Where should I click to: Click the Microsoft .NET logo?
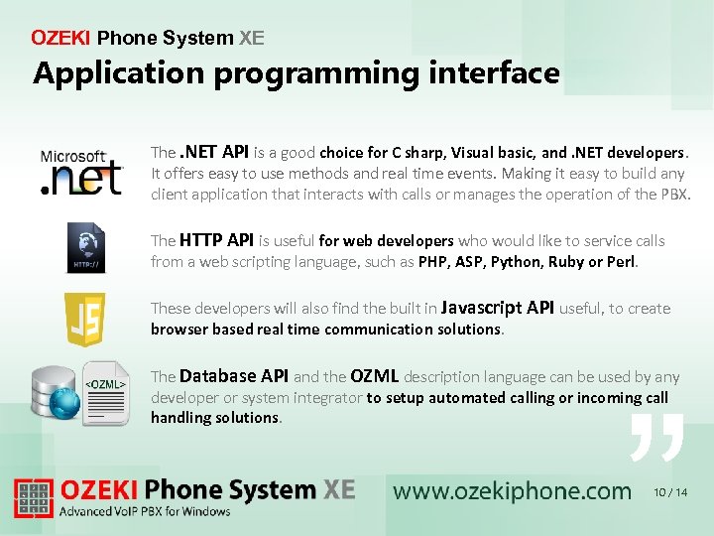pyautogui.click(x=80, y=172)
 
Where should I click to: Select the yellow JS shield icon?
pyautogui.click(x=84, y=319)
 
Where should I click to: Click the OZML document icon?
pyautogui.click(x=105, y=392)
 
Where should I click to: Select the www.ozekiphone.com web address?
pyautogui.click(x=512, y=490)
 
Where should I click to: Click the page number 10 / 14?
pyautogui.click(x=670, y=492)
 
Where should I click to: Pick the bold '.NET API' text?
pyautogui.click(x=214, y=152)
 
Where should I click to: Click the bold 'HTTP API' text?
pyautogui.click(x=216, y=240)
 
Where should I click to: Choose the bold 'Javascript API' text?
pyautogui.click(x=497, y=308)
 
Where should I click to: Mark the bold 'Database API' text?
pyautogui.click(x=234, y=376)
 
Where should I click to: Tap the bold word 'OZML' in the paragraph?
pyautogui.click(x=374, y=376)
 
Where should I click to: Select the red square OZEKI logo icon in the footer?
pyautogui.click(x=34, y=498)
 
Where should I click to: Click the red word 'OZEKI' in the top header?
pyautogui.click(x=60, y=39)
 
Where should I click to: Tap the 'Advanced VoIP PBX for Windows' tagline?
pyautogui.click(x=145, y=512)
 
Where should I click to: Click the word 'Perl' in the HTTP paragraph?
pyautogui.click(x=621, y=262)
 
